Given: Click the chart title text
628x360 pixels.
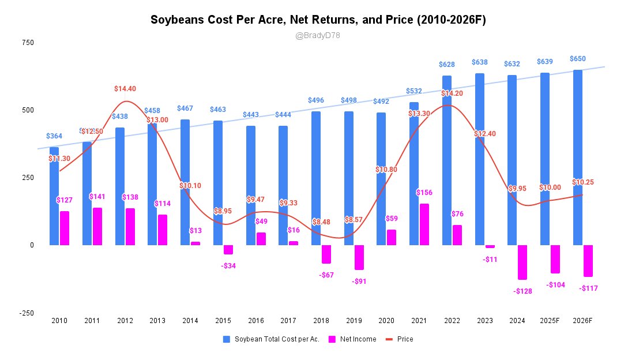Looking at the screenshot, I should pos(318,20).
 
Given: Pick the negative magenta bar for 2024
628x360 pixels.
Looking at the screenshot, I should pos(522,262).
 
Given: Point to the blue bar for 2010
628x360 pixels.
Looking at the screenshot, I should pos(54,196).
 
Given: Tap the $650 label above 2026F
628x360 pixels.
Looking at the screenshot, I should pos(578,59).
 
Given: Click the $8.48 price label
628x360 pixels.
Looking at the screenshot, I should pos(321,222).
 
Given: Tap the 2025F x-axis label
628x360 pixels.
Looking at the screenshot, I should pos(550,321).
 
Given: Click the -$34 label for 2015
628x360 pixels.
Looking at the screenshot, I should pos(229,266).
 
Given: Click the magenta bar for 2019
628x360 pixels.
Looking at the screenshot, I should pos(359,257).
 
